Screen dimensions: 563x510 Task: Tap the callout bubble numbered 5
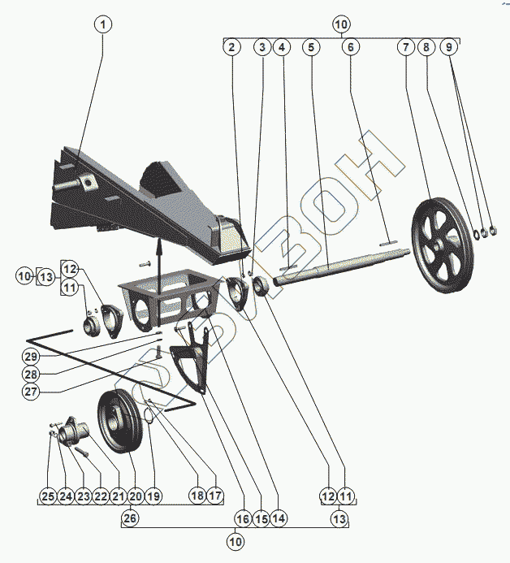(310, 47)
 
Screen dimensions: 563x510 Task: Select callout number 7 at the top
(404, 47)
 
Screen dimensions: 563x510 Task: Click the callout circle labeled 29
(31, 357)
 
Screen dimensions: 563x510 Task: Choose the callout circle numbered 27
(31, 391)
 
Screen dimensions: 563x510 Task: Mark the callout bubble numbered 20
(136, 496)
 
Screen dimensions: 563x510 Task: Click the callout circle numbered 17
(214, 496)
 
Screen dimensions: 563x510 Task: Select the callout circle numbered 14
(279, 518)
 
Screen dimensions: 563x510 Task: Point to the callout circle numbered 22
(100, 496)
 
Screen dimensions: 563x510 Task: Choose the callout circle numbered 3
(261, 47)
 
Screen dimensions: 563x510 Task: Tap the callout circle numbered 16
(243, 518)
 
